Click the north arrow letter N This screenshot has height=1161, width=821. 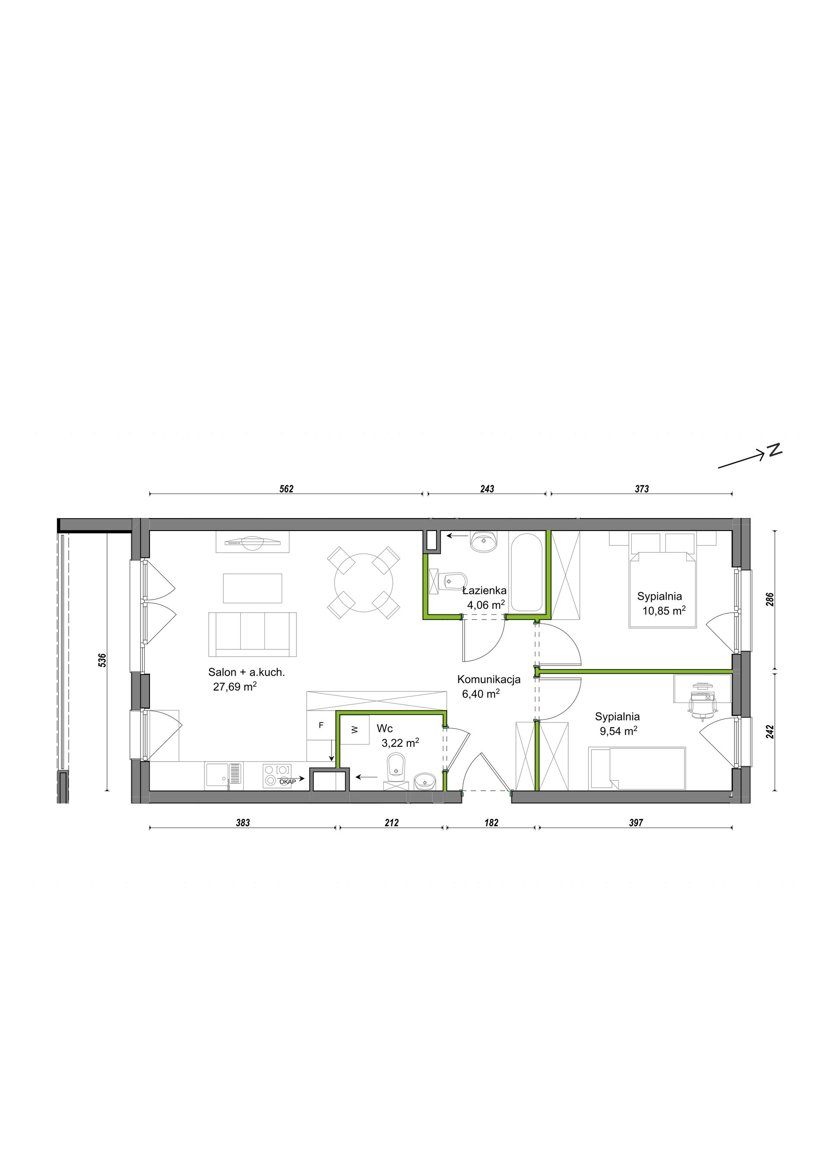click(x=774, y=449)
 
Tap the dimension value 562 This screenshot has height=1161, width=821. click(x=286, y=489)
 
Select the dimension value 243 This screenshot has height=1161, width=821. click(x=487, y=489)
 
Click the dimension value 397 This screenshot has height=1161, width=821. click(x=636, y=823)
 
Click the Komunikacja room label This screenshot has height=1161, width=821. click(x=489, y=680)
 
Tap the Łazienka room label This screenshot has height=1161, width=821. click(x=485, y=590)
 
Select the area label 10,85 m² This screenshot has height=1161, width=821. click(x=664, y=611)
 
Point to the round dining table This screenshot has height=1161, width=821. click(x=364, y=582)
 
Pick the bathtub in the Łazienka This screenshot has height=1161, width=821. click(x=527, y=573)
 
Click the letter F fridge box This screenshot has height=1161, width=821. click(x=321, y=725)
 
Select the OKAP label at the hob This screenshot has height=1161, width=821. click(x=288, y=781)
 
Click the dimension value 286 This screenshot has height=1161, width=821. click(x=770, y=600)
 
